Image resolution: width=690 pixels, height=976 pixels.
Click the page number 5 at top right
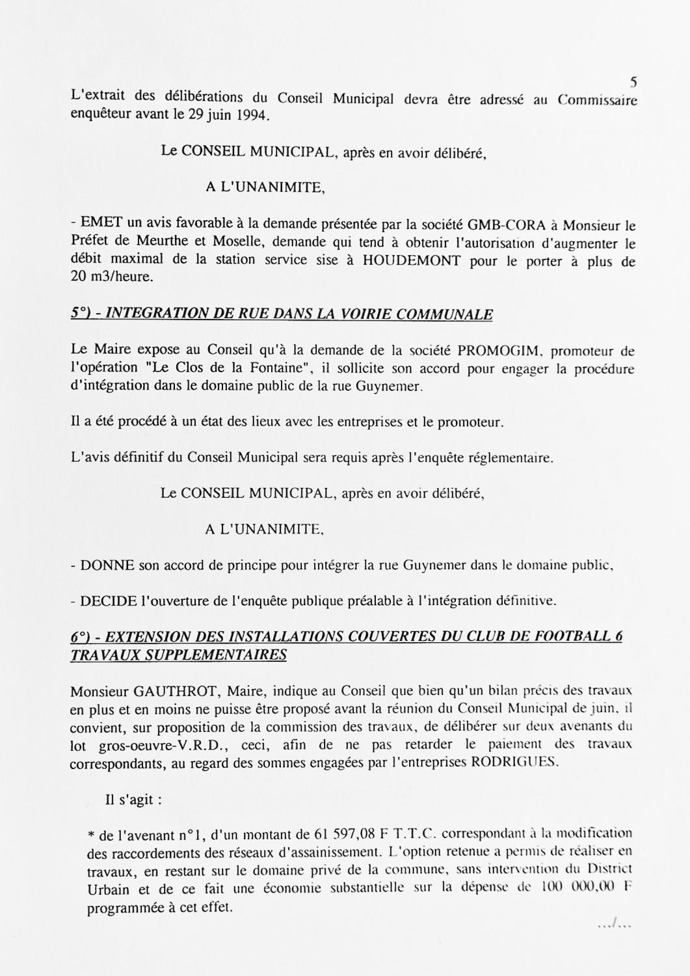coord(633,83)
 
